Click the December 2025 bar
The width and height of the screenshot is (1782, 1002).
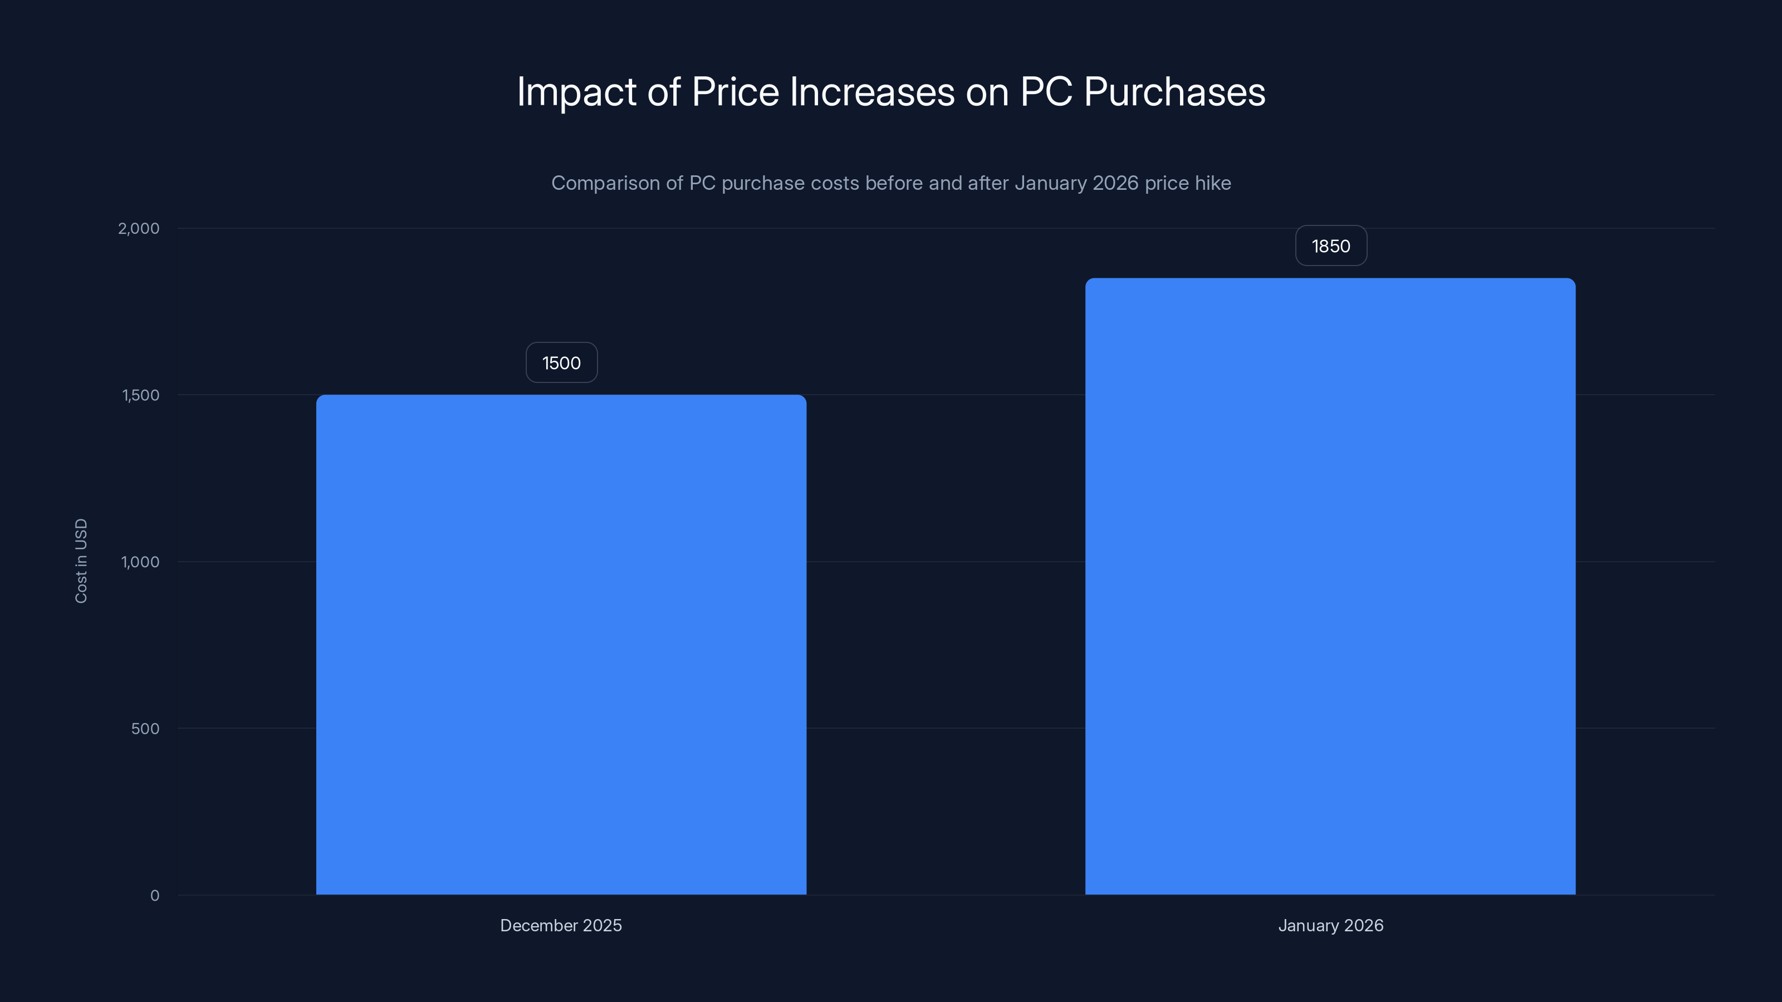coord(561,645)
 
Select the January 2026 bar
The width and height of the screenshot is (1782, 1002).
coord(1330,586)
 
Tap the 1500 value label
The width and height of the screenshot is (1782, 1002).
coord(561,363)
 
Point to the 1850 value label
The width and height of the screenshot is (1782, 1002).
coord(1330,246)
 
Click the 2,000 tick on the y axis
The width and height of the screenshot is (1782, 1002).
coord(138,228)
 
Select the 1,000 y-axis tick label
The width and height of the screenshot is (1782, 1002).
coord(140,562)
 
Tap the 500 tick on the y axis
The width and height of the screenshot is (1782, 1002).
coord(145,728)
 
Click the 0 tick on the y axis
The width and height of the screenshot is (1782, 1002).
coord(155,896)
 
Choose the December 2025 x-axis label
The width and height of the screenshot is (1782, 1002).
coord(561,925)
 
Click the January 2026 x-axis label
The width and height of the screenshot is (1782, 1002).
coord(1330,925)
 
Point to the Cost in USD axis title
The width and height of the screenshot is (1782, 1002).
coord(81,561)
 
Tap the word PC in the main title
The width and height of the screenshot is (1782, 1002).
coord(1046,92)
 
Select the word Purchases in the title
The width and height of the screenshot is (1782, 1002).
coord(1174,92)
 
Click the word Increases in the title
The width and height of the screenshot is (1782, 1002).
coord(872,92)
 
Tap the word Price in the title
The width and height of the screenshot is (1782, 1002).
coord(735,92)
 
